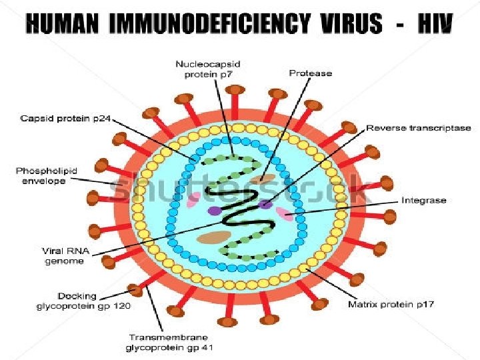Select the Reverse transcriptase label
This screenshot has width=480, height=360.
click(419, 127)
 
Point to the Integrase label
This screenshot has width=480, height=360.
click(423, 200)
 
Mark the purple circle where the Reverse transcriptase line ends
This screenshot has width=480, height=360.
click(265, 203)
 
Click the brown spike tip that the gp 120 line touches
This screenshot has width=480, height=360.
click(135, 290)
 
